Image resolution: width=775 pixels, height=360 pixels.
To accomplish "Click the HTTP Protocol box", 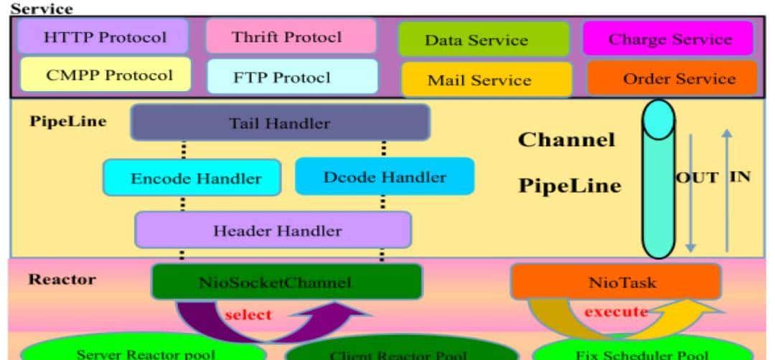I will point(104,37).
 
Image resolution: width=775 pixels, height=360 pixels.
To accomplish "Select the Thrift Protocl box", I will point(291,37).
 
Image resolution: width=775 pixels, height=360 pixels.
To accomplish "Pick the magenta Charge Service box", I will point(668,39).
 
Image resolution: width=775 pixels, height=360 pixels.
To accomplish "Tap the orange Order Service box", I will point(672,78).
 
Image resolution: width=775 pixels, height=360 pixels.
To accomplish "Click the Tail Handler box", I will point(280,123).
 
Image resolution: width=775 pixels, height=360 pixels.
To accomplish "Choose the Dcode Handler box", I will point(384,176).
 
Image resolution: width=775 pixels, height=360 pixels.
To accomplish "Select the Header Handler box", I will point(273,230).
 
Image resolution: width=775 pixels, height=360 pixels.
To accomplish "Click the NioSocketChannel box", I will point(286,282).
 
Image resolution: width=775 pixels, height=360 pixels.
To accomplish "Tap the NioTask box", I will point(615,282).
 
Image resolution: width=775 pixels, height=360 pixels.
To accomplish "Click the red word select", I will point(248,314).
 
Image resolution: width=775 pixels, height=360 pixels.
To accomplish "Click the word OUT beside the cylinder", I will point(697,177).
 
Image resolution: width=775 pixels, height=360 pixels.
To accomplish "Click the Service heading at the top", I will point(41,9).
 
